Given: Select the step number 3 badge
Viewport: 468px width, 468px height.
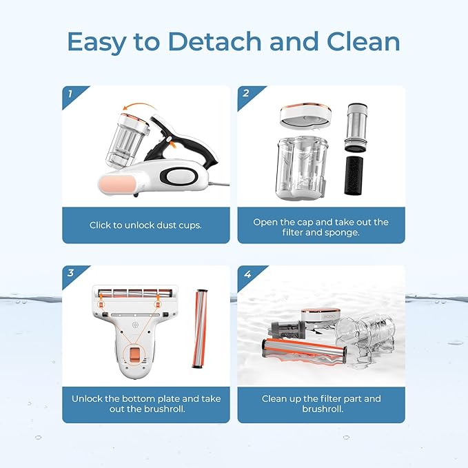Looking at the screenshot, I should tap(70, 273).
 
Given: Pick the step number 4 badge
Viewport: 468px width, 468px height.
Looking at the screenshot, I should tap(245, 273).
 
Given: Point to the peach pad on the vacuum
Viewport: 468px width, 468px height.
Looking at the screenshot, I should tap(119, 185).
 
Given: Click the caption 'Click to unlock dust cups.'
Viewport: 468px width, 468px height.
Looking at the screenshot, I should tap(145, 225).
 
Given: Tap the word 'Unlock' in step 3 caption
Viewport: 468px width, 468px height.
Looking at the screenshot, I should tap(90, 398).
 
